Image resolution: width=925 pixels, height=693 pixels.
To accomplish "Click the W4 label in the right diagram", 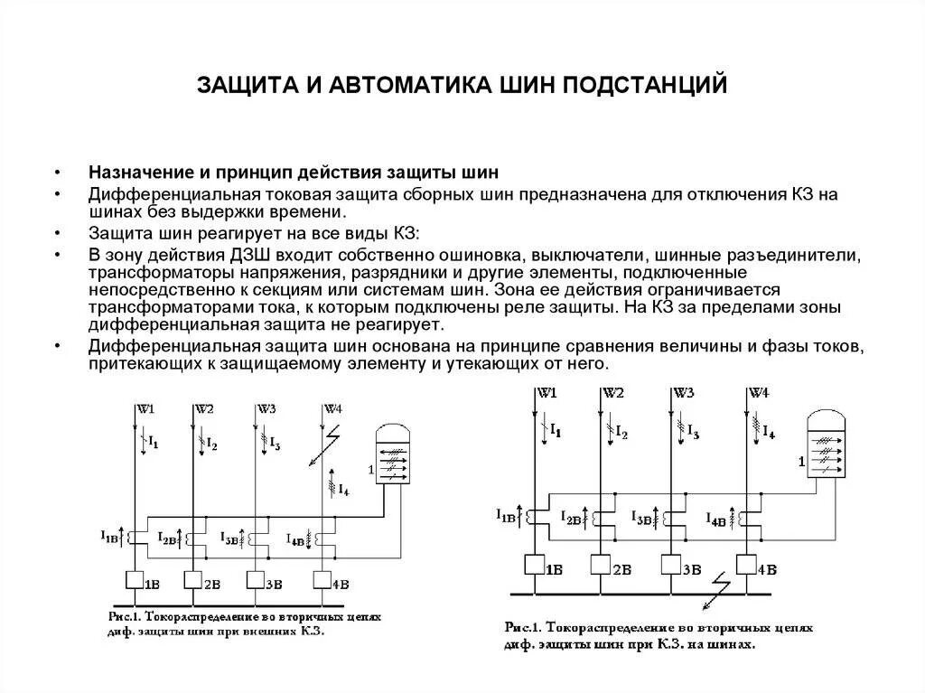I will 759,393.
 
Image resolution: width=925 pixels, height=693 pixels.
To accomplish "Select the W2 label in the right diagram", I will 613,393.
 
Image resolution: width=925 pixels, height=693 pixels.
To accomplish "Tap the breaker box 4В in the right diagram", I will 747,566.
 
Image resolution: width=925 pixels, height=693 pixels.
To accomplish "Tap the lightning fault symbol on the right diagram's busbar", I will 720,585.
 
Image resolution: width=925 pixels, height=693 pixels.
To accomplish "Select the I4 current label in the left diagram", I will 343,489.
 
